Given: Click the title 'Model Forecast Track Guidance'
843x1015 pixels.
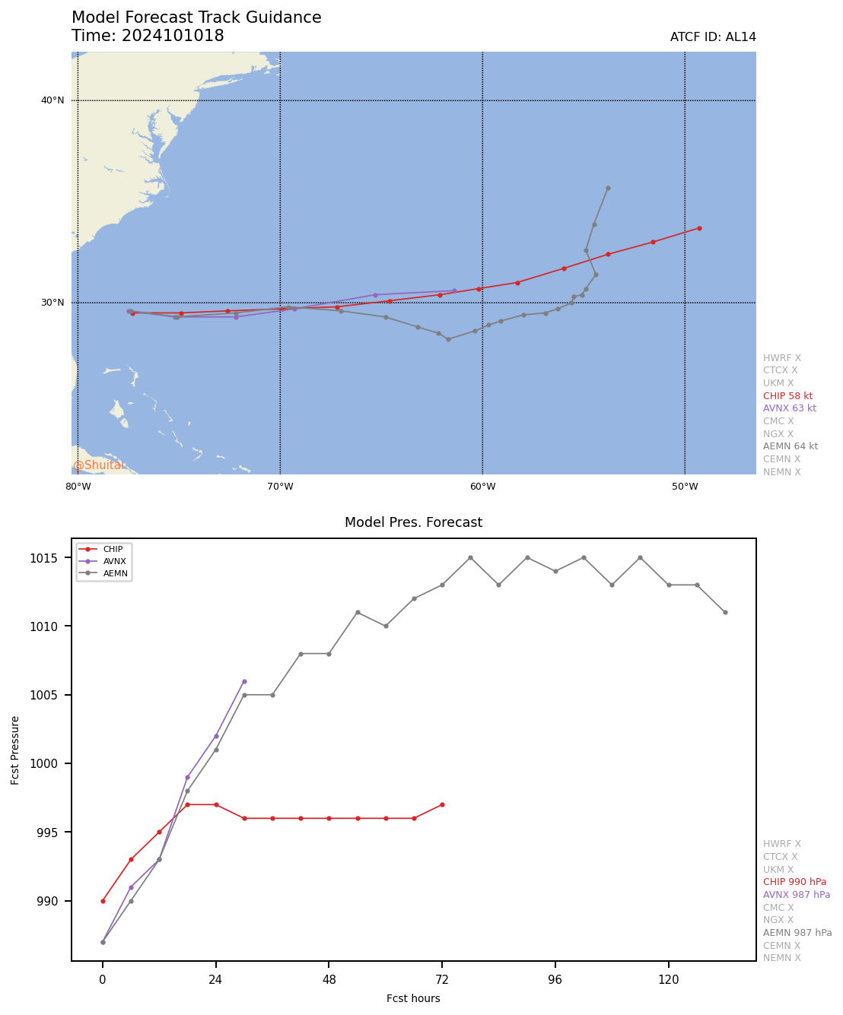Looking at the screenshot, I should coord(196,17).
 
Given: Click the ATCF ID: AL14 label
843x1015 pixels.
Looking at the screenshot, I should coord(713,37).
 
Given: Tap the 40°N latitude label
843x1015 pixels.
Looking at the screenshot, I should coord(52,100).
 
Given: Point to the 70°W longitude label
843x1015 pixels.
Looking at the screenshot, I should coord(280,487).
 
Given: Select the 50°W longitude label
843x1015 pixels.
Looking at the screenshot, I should coord(685,487).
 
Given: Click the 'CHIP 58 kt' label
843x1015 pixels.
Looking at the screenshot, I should coord(787,396).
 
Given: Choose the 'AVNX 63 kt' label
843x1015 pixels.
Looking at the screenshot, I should coord(789,408).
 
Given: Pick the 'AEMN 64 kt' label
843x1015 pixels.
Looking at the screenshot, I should coord(791,446).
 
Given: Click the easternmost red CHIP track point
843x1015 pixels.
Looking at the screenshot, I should coord(699,228).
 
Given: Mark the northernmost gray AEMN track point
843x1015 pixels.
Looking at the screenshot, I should coord(608,188).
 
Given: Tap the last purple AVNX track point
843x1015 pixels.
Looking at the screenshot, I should coord(454,290).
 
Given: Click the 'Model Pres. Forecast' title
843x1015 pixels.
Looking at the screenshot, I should coord(413,522).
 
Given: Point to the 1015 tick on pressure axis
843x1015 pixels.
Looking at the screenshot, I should coord(55,558).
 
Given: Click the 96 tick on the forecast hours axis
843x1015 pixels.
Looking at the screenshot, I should coord(555,980).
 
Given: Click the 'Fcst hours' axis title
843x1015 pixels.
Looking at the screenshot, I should coord(413,998).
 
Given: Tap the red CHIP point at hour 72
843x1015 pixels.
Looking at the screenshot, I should coord(442,804).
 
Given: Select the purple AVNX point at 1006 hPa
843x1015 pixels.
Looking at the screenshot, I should coord(244,681).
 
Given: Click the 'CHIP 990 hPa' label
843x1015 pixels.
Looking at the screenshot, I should coord(794,882).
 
